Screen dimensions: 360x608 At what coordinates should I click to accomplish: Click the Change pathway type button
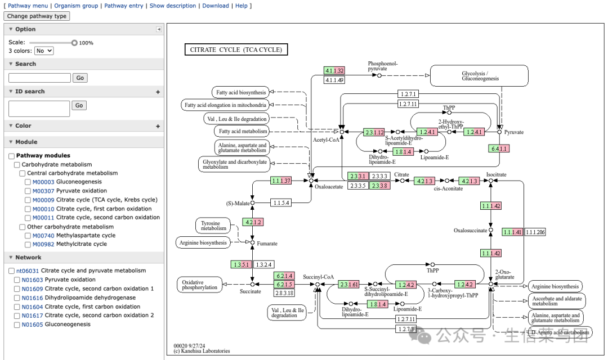[37, 16]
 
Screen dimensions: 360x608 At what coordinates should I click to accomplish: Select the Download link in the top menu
[216, 6]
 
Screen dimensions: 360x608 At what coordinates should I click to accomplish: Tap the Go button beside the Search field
[80, 78]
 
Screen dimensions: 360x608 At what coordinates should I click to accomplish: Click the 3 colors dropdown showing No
[44, 51]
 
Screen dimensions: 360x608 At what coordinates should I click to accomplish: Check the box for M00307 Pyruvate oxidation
[28, 191]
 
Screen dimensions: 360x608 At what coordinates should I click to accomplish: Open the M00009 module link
[43, 200]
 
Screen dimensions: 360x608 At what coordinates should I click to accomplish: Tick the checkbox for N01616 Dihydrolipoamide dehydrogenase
[16, 298]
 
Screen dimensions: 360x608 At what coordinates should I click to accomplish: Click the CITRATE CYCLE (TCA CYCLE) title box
[236, 49]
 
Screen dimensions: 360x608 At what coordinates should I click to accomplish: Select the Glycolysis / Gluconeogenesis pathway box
[480, 76]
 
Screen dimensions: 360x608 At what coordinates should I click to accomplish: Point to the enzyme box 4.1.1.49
[334, 80]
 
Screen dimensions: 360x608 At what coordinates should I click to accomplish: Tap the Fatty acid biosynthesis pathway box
[241, 92]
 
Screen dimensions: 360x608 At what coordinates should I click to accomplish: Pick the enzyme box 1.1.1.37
[281, 181]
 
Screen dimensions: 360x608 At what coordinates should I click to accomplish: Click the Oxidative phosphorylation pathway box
[199, 285]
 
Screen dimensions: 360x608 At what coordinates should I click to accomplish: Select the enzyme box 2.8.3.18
[284, 292]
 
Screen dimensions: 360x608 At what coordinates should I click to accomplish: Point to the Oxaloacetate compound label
[329, 187]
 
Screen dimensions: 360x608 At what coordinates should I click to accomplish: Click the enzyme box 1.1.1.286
[535, 232]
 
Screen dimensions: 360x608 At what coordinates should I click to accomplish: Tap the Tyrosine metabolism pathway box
[213, 226]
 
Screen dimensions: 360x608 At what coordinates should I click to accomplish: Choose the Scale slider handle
[74, 43]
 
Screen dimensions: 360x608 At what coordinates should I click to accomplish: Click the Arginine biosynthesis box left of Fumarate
[203, 243]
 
